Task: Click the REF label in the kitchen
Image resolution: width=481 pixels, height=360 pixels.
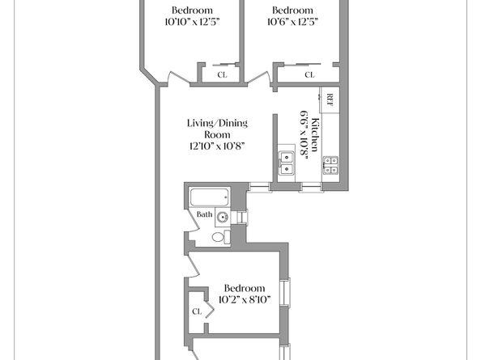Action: pyautogui.click(x=330, y=100)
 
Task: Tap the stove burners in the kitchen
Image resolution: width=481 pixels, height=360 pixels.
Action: pyautogui.click(x=330, y=166)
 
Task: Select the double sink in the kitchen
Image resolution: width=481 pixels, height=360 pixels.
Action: pyautogui.click(x=287, y=163)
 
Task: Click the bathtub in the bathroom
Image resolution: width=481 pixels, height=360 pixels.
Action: pyautogui.click(x=209, y=197)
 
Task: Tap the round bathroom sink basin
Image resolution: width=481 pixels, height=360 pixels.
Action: pyautogui.click(x=223, y=218)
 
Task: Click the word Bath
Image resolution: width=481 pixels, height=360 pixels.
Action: pyautogui.click(x=205, y=214)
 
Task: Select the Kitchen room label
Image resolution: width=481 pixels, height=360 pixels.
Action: pyautogui.click(x=315, y=134)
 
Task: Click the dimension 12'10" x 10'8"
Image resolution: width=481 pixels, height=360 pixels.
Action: pyautogui.click(x=217, y=146)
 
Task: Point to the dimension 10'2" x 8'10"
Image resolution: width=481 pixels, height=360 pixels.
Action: pyautogui.click(x=245, y=299)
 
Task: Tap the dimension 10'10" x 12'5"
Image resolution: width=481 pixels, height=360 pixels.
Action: pyautogui.click(x=193, y=22)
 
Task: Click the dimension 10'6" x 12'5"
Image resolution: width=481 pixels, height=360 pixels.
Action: pyautogui.click(x=292, y=22)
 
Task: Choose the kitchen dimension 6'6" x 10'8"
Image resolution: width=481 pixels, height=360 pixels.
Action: pyautogui.click(x=304, y=137)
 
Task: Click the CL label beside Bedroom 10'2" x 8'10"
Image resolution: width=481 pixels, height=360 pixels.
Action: pyautogui.click(x=197, y=311)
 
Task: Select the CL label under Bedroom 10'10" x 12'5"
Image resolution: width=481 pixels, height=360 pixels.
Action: pyautogui.click(x=222, y=74)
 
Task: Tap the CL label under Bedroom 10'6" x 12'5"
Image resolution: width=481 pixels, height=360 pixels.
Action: pyautogui.click(x=309, y=74)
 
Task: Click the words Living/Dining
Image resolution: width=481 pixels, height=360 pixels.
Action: pyautogui.click(x=217, y=123)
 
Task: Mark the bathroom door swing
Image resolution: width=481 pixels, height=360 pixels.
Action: pyautogui.click(x=193, y=225)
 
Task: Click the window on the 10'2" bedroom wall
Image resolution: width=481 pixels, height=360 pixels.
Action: pyautogui.click(x=286, y=292)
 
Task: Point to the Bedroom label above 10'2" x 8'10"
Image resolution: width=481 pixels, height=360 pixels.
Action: pyautogui.click(x=245, y=288)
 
